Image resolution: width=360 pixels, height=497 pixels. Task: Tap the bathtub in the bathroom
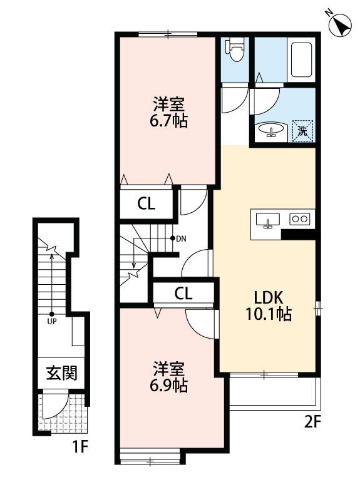(x=301, y=59)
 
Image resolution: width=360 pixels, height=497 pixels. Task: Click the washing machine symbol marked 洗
(x=303, y=131)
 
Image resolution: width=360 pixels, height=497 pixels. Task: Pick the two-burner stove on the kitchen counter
(x=299, y=219)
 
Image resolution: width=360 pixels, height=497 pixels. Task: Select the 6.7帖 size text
(x=169, y=120)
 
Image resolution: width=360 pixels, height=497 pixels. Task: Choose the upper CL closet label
(x=147, y=203)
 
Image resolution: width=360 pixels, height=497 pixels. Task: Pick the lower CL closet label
(x=183, y=292)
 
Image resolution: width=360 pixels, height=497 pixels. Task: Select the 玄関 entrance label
(x=61, y=374)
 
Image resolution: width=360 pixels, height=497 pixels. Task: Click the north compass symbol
(x=339, y=25)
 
